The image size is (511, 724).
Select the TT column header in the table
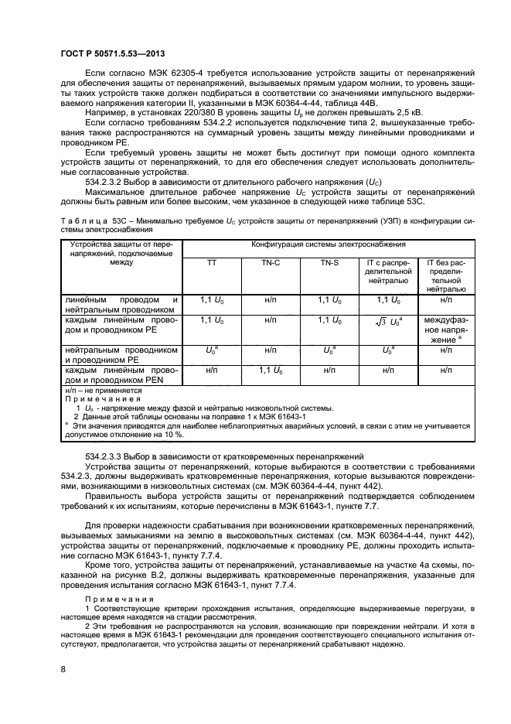coord(211,262)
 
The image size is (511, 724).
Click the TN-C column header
coord(271,262)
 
